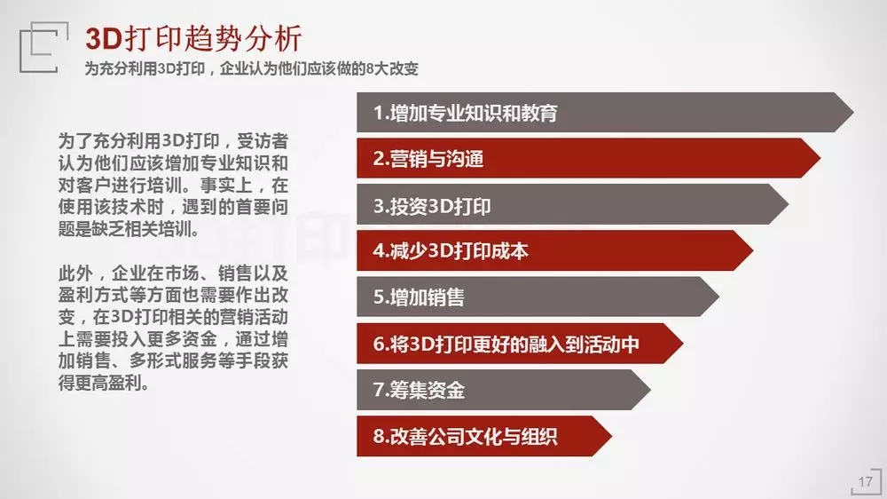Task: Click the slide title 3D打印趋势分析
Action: [x=193, y=39]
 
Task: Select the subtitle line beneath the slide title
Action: [x=252, y=68]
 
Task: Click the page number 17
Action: [x=865, y=482]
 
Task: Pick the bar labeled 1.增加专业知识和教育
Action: [x=605, y=112]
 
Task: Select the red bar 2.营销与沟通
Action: [x=588, y=158]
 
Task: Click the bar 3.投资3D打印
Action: [x=572, y=204]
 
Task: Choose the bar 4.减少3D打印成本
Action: [x=555, y=250]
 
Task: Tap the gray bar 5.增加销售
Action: [x=538, y=297]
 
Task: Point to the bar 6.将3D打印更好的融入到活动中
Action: [x=520, y=344]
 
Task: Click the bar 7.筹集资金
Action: [x=504, y=390]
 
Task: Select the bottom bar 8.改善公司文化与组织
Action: [x=484, y=436]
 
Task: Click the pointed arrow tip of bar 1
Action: [x=853, y=112]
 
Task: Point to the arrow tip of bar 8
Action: [x=611, y=436]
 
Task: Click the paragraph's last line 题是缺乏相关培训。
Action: [x=129, y=229]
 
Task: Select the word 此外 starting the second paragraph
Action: [x=75, y=273]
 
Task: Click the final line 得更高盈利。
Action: [x=104, y=383]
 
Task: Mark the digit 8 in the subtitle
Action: [x=370, y=69]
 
